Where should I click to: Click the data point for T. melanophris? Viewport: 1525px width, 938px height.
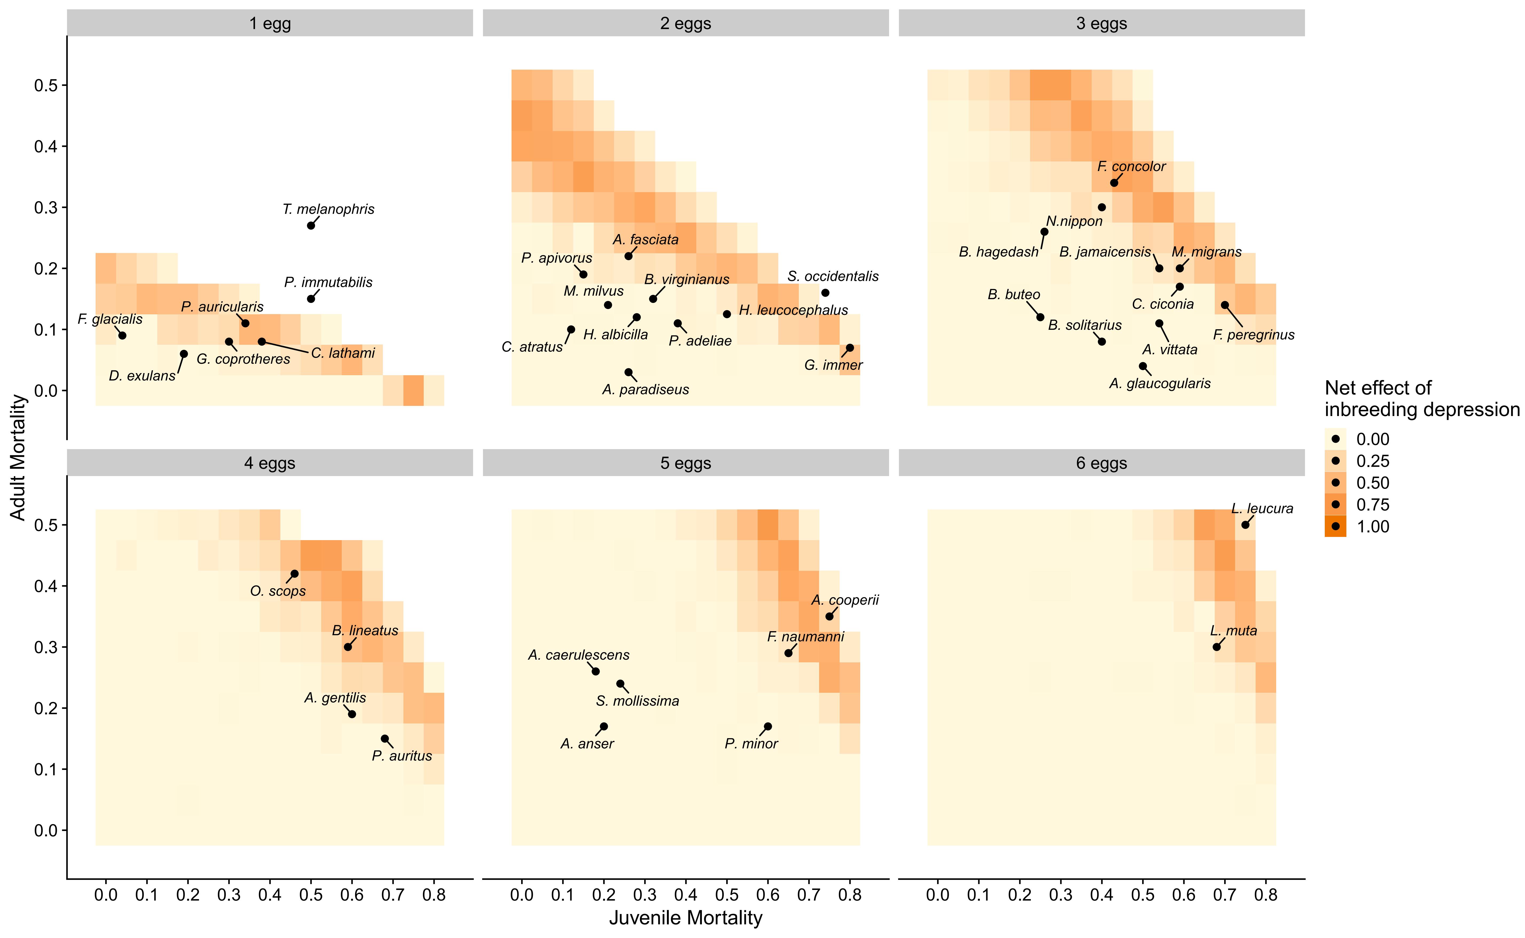click(x=311, y=225)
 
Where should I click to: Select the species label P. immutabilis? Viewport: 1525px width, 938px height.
click(x=328, y=282)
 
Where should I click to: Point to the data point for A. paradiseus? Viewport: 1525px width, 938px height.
click(x=628, y=372)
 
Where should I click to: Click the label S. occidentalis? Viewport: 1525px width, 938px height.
click(x=833, y=276)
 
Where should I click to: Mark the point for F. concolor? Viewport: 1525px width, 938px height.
click(x=1114, y=182)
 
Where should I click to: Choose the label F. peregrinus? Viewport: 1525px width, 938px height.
click(x=1254, y=335)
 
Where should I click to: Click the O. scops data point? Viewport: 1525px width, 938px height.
click(x=294, y=574)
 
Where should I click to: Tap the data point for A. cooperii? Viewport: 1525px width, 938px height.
click(x=829, y=616)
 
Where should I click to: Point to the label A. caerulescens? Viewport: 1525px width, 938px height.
click(x=579, y=655)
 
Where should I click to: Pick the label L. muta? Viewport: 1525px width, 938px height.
click(x=1233, y=631)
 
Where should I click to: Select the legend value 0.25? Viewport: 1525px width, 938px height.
click(x=1372, y=461)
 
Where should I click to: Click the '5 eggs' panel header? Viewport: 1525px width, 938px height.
click(x=685, y=464)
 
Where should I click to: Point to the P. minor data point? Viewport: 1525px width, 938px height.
click(x=768, y=726)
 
